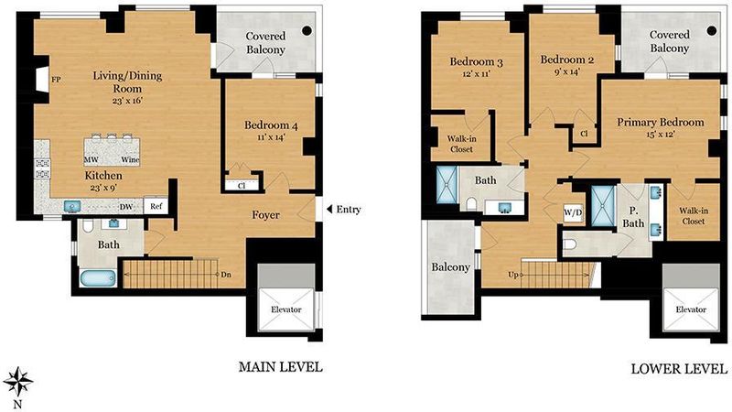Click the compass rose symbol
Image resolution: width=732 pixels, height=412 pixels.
(17, 382)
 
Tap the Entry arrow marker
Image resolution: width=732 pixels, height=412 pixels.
(328, 209)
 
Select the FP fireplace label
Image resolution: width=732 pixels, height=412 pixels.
(56, 80)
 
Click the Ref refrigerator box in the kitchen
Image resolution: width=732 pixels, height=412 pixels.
(156, 205)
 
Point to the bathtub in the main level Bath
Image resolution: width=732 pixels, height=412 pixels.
(98, 278)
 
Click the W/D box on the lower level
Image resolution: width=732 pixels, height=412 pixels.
(574, 213)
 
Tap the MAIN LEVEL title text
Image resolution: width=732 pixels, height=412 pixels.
(281, 367)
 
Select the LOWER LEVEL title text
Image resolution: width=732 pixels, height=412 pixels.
(679, 369)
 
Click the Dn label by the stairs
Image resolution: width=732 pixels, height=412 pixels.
(226, 275)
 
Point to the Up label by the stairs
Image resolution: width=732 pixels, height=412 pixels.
(513, 275)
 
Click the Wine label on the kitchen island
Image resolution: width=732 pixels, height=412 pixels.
(130, 159)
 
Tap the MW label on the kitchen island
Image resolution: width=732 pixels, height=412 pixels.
(91, 159)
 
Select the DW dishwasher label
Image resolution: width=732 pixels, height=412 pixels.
(126, 207)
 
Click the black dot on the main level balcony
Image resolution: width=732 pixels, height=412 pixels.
(307, 30)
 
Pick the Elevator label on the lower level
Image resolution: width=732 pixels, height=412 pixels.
(691, 309)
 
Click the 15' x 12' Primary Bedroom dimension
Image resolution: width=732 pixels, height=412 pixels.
(659, 135)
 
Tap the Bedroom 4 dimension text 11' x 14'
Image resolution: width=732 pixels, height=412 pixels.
(271, 136)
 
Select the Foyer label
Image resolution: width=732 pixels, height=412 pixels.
(265, 215)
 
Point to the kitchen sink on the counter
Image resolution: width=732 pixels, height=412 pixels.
(72, 206)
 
